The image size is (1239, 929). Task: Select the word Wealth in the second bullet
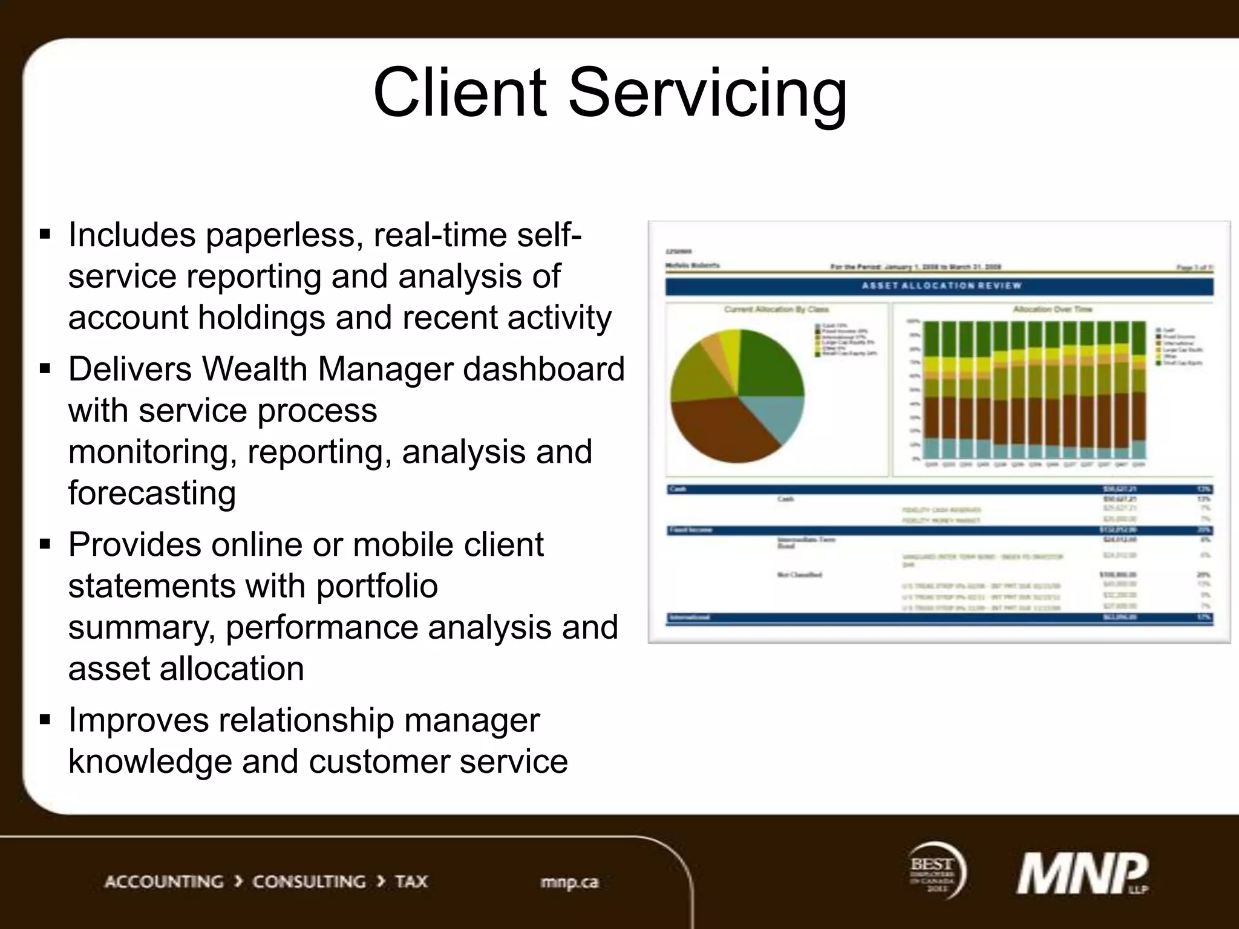click(254, 369)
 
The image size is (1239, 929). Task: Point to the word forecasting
click(152, 493)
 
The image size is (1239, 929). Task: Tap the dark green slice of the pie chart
click(768, 363)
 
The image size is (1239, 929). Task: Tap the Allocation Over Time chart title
click(1052, 309)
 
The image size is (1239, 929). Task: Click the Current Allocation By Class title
click(776, 309)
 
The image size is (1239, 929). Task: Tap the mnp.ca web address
click(569, 882)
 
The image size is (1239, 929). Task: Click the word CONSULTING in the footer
click(309, 882)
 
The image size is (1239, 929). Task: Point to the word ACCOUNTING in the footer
click(164, 882)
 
